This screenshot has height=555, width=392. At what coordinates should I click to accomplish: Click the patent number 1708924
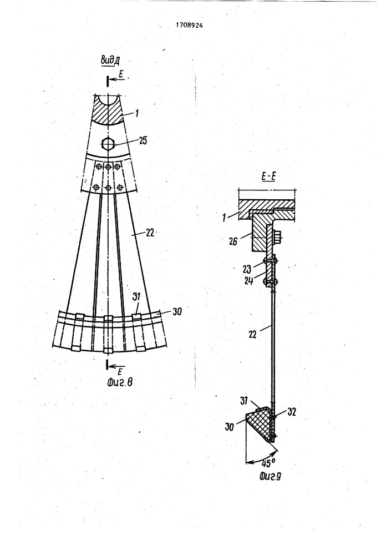point(190,26)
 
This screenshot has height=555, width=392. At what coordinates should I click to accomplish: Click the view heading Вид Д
point(110,60)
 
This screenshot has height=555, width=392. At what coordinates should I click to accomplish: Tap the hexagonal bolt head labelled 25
point(108,144)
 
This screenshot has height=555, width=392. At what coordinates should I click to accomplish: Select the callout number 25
point(142,140)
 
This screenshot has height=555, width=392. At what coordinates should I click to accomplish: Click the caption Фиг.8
point(119,382)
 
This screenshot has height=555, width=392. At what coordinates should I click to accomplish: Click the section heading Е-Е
point(268,177)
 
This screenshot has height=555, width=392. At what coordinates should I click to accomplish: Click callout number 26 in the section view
point(233,242)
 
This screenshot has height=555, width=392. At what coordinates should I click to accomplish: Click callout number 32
point(291,412)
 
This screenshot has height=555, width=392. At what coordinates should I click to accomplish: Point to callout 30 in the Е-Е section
point(229,427)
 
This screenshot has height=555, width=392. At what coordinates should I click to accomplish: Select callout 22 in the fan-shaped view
point(150,233)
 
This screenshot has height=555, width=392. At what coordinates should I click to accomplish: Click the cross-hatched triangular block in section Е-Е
point(260,422)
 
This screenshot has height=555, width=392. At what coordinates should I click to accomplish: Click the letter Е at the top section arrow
point(121,75)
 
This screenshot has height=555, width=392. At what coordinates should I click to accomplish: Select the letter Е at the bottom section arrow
point(120,371)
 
